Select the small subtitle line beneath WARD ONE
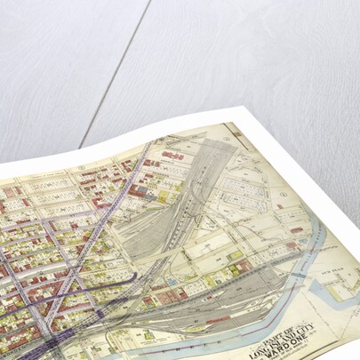(x=283, y=334)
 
